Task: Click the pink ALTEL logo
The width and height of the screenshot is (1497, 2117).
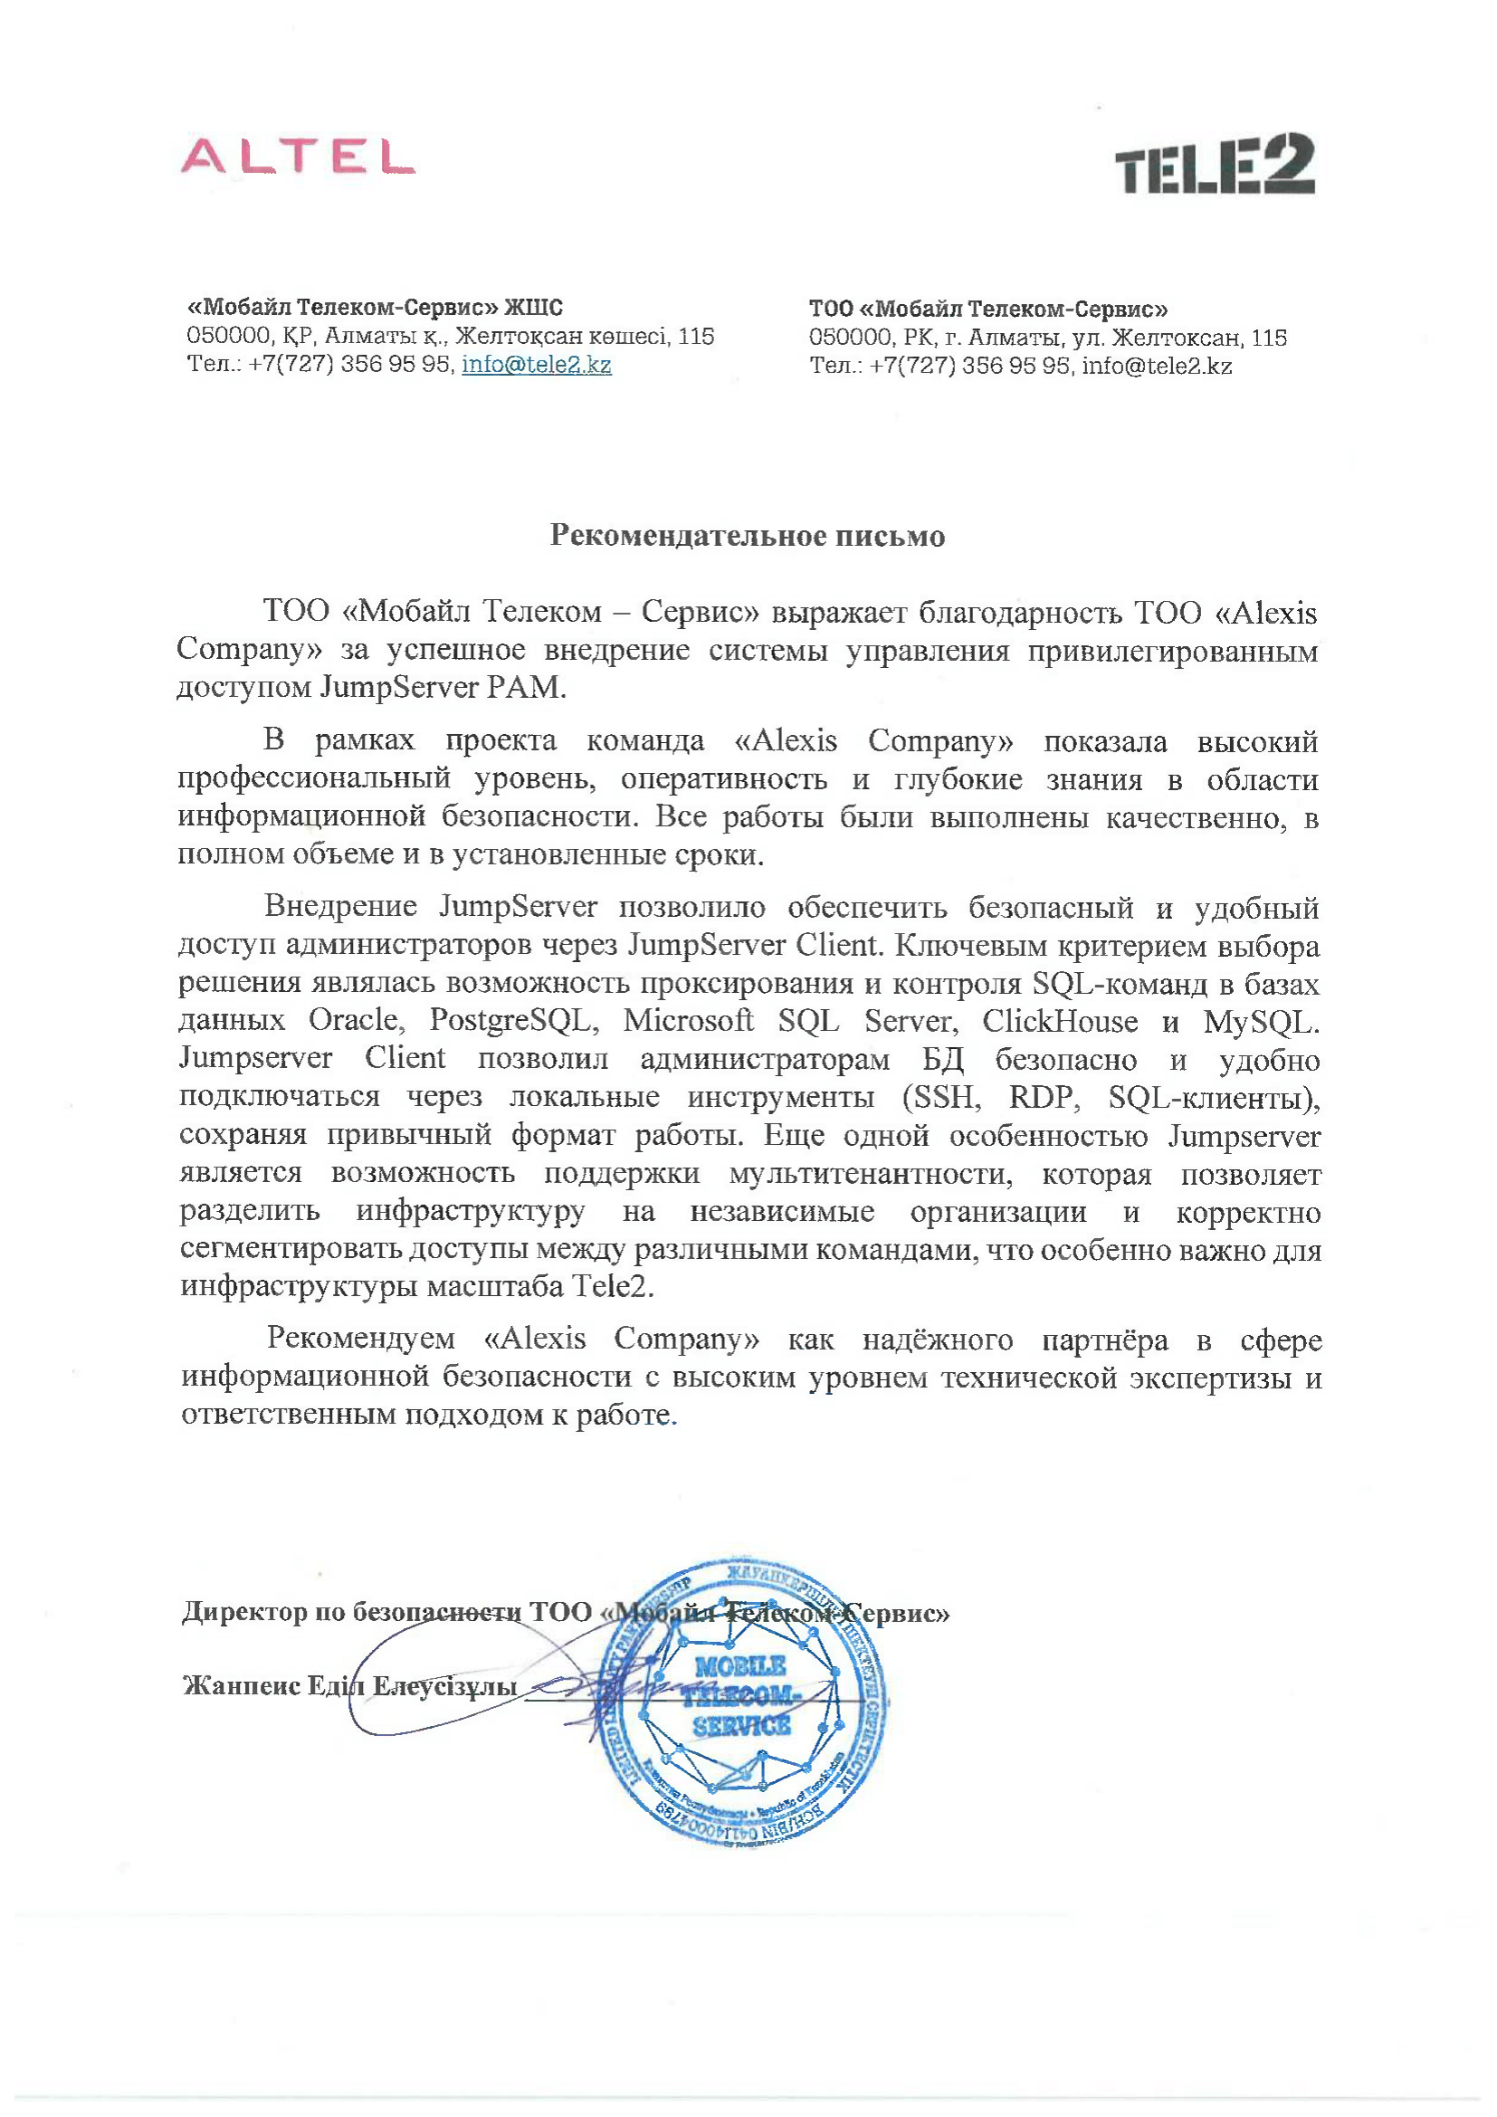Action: pos(297,157)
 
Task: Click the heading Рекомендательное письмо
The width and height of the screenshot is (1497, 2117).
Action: pos(748,536)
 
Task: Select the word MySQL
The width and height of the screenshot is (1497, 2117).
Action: pos(1261,1022)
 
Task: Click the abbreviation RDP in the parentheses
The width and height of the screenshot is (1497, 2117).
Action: pos(1042,1097)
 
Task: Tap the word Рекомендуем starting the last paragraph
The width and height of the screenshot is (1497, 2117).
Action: pos(360,1339)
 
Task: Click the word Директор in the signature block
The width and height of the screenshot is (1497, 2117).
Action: pos(244,1611)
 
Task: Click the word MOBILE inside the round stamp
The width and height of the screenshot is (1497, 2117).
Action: pos(740,1666)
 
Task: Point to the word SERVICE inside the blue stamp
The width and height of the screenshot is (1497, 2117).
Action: pos(741,1725)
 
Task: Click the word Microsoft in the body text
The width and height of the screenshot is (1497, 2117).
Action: pos(689,1021)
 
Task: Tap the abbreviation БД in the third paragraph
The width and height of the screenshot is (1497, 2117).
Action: pos(943,1060)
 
